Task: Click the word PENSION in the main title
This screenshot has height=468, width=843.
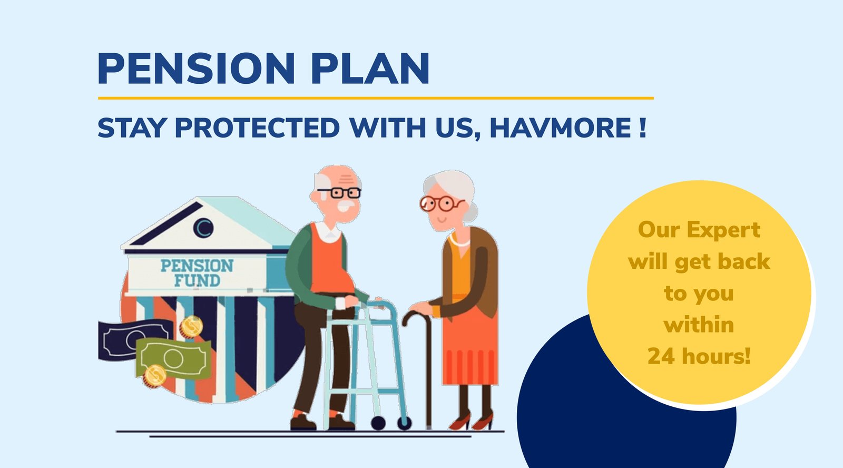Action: [196, 68]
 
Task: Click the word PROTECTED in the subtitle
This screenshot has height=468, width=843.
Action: [258, 128]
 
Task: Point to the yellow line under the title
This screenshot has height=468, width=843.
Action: [376, 98]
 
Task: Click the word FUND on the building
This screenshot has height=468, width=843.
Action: [197, 280]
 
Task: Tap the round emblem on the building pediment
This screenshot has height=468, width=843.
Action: [203, 228]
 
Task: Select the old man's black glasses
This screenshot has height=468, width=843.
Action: [339, 193]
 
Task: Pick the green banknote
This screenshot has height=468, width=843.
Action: [173, 358]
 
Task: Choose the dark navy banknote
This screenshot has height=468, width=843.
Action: [132, 339]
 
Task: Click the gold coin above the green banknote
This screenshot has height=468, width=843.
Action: [191, 327]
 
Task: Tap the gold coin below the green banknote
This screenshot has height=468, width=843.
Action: [154, 376]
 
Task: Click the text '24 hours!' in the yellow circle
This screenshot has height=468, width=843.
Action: [699, 356]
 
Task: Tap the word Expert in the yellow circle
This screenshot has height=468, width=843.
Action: [723, 230]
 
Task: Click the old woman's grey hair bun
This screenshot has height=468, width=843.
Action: [471, 212]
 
